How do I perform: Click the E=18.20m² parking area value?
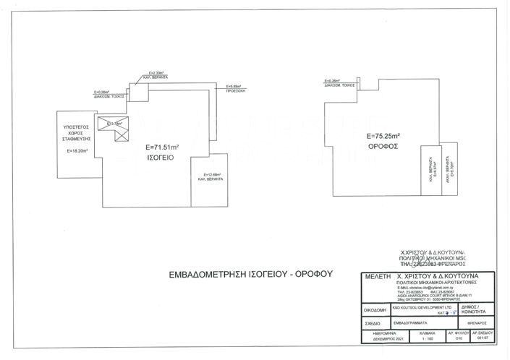point(77,151)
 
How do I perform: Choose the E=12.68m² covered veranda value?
point(210,175)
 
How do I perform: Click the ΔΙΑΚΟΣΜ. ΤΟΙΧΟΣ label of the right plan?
point(339,84)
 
